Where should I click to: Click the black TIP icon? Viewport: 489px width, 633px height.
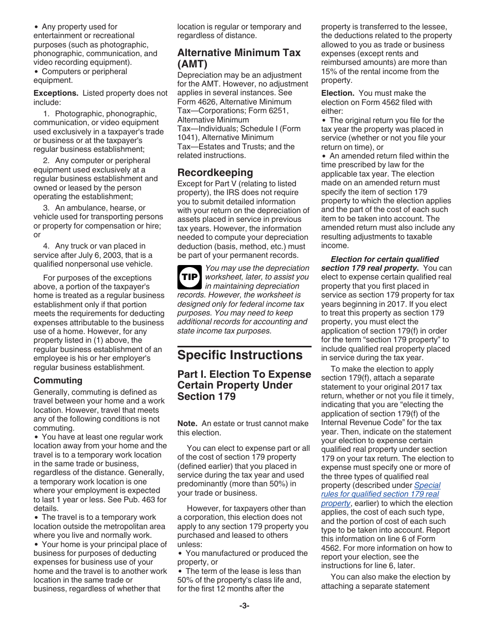[x=189, y=277]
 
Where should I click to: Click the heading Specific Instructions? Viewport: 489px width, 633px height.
[x=240, y=355]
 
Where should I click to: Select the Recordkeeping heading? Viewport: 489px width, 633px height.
[x=215, y=172]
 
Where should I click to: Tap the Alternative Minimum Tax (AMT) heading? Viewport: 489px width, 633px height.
[x=239, y=58]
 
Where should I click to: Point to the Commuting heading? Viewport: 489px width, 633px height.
[x=58, y=380]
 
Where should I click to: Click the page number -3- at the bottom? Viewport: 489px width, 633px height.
[x=244, y=606]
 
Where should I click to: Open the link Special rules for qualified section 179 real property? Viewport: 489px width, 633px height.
[x=380, y=494]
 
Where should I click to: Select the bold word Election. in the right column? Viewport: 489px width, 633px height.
[x=338, y=93]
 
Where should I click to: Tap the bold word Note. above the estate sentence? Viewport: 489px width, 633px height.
[x=187, y=424]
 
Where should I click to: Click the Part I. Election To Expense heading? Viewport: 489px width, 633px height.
[x=244, y=385]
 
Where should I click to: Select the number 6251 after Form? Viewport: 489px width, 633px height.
[x=277, y=111]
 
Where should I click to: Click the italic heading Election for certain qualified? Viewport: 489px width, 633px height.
[x=384, y=259]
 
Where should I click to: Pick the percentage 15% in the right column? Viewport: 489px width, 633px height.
[x=329, y=72]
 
